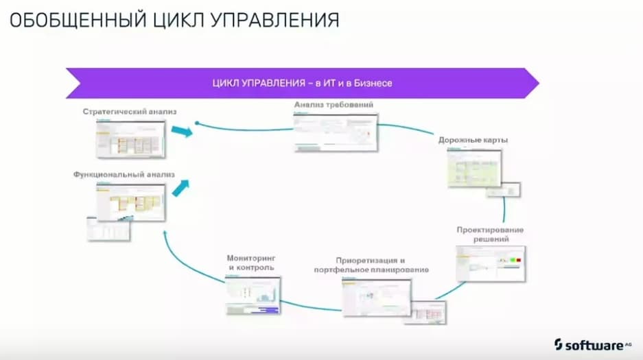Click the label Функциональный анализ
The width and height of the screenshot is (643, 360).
pyautogui.click(x=124, y=175)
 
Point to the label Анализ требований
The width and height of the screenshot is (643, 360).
pyautogui.click(x=334, y=106)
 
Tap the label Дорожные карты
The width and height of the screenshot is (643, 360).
pyautogui.click(x=474, y=140)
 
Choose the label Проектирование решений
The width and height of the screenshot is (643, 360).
pyautogui.click(x=490, y=235)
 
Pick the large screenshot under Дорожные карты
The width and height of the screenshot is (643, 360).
pyautogui.click(x=474, y=168)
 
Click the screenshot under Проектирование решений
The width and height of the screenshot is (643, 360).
pyautogui.click(x=490, y=263)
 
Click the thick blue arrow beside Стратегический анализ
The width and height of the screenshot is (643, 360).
pyautogui.click(x=180, y=131)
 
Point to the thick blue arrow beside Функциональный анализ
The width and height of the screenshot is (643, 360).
pyautogui.click(x=180, y=187)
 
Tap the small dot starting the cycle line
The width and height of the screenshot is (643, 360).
pyautogui.click(x=197, y=124)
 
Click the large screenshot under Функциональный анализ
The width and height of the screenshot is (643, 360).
pyautogui.click(x=131, y=202)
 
